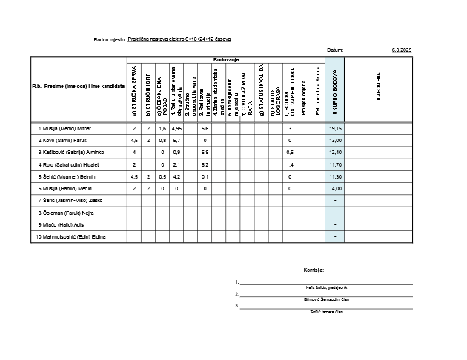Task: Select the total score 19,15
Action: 335,128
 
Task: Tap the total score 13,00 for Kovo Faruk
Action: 335,140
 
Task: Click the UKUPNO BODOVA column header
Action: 335,90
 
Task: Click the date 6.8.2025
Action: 401,50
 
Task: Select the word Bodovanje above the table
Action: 226,59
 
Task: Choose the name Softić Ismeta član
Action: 326,312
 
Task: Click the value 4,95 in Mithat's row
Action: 176,128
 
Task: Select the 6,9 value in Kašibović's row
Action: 205,152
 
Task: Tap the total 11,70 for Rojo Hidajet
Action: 335,164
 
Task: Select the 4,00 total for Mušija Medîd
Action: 336,188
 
